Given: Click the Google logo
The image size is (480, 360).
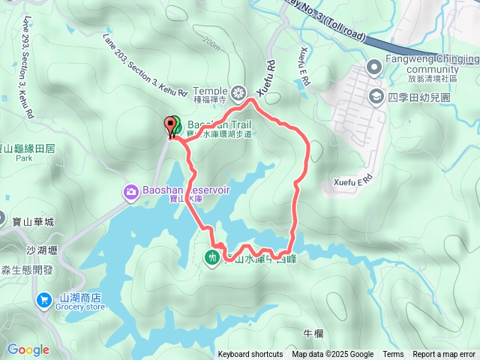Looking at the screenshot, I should coord(28,349).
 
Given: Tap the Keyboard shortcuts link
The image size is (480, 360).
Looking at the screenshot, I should coord(250,355).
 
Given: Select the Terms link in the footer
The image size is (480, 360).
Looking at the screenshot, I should coord(393,355).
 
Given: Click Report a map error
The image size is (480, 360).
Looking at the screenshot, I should coord(445,355).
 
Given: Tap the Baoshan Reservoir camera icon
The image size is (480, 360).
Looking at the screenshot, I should coord(131,193).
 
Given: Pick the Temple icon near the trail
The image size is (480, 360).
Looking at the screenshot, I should coord(238,93).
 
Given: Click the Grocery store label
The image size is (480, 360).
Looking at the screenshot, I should coord(82,307).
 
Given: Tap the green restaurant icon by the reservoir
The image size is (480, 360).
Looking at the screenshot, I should coord(211,257).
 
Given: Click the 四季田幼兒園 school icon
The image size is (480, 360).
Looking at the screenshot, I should coord(374,97).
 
